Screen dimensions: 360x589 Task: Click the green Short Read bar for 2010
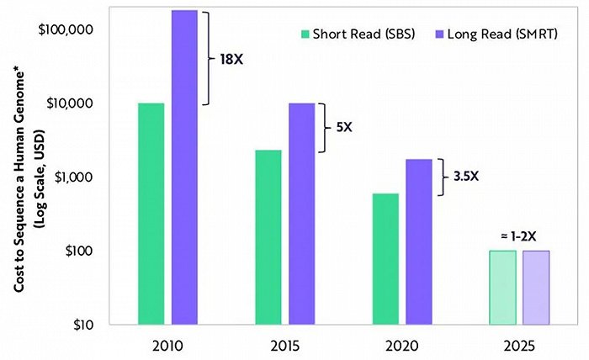(x=151, y=214)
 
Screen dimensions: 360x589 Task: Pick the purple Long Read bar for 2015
(x=302, y=214)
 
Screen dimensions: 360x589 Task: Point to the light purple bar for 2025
(x=537, y=288)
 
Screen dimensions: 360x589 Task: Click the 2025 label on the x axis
(x=520, y=346)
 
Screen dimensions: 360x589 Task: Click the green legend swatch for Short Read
(x=305, y=34)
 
